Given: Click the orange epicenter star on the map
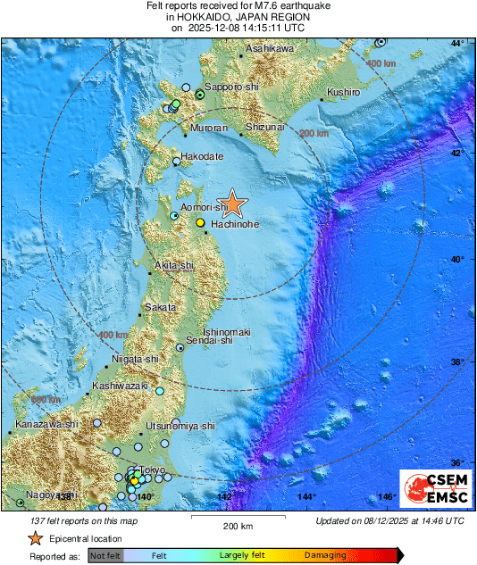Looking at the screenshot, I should (232, 203).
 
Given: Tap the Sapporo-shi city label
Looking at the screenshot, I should (231, 87).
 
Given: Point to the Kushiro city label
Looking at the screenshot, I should (343, 92).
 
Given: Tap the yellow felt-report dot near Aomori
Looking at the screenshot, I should (201, 222).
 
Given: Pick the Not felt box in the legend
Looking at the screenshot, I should (106, 555).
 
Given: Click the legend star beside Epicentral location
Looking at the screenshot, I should (35, 538).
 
